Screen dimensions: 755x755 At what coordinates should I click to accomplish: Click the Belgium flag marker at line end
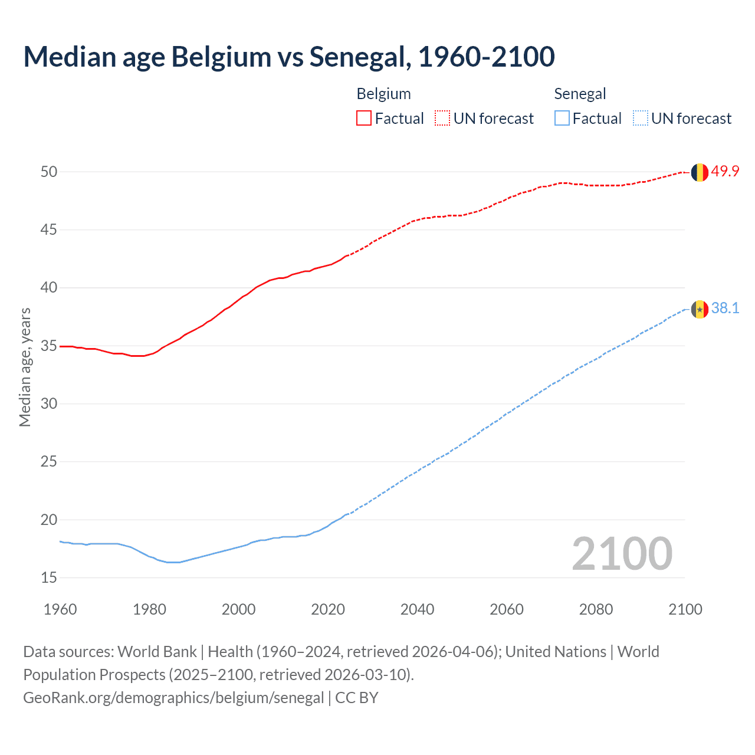pyautogui.click(x=700, y=172)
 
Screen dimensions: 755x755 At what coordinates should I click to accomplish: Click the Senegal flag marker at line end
pyautogui.click(x=700, y=309)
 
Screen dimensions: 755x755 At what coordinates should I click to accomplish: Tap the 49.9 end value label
pyautogui.click(x=725, y=172)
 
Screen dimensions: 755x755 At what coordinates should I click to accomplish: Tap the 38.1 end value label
pyautogui.click(x=725, y=308)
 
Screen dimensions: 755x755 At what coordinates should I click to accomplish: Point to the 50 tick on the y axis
pyautogui.click(x=49, y=172)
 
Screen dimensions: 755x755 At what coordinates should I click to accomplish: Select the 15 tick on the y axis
pyautogui.click(x=49, y=577)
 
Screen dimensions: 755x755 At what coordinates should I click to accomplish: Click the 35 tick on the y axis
pyautogui.click(x=49, y=346)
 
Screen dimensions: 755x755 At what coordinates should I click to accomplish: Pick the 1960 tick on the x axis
pyautogui.click(x=60, y=609)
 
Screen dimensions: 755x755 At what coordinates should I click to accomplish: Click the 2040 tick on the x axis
pyautogui.click(x=417, y=609)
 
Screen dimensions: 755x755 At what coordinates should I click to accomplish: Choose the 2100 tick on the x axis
pyautogui.click(x=685, y=609)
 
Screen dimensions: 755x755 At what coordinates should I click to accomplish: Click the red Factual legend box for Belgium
pyautogui.click(x=364, y=119)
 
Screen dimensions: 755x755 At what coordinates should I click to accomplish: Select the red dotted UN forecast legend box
pyautogui.click(x=442, y=119)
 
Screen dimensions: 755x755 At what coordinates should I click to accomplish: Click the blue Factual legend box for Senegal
pyautogui.click(x=562, y=119)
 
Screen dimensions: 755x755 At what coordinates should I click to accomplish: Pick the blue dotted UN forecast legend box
pyautogui.click(x=640, y=119)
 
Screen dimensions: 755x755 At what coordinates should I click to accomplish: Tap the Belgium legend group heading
pyautogui.click(x=383, y=94)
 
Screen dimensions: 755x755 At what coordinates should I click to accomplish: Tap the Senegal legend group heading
pyautogui.click(x=580, y=94)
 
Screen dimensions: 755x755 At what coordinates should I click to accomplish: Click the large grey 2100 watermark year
pyautogui.click(x=622, y=553)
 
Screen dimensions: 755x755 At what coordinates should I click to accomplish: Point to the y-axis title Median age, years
pyautogui.click(x=25, y=367)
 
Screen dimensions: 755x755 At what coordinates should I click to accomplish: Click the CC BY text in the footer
pyautogui.click(x=356, y=698)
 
